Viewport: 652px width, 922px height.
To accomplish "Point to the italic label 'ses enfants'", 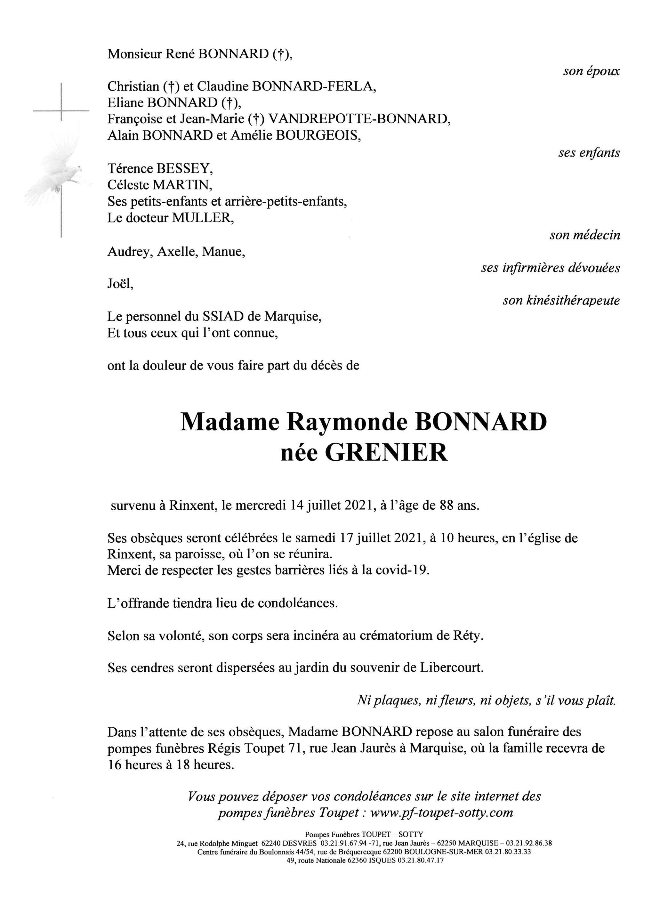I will (x=589, y=153).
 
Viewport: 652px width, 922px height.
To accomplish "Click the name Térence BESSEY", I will (x=160, y=169).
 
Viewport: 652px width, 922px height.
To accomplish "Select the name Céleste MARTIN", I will (x=159, y=185).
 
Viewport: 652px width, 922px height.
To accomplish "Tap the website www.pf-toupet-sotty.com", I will (x=441, y=813).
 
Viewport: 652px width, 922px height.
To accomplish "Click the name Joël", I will (x=120, y=284).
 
